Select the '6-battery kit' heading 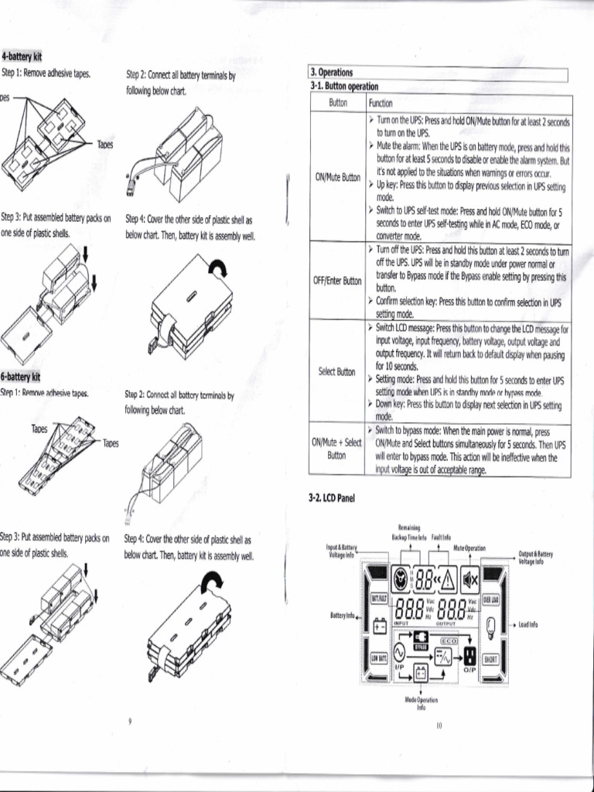pyautogui.click(x=22, y=377)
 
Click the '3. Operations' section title pyautogui.click(x=332, y=73)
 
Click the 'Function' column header pyautogui.click(x=381, y=103)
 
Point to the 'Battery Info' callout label pyautogui.click(x=343, y=616)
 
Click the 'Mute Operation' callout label pyautogui.click(x=469, y=548)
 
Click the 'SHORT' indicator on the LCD pyautogui.click(x=490, y=660)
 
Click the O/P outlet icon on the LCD pyautogui.click(x=469, y=657)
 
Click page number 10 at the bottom pyautogui.click(x=438, y=725)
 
